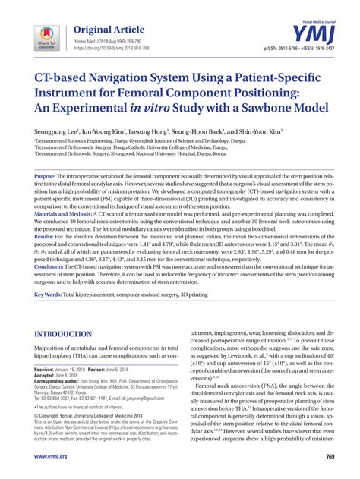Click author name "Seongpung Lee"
(x=58, y=131)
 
